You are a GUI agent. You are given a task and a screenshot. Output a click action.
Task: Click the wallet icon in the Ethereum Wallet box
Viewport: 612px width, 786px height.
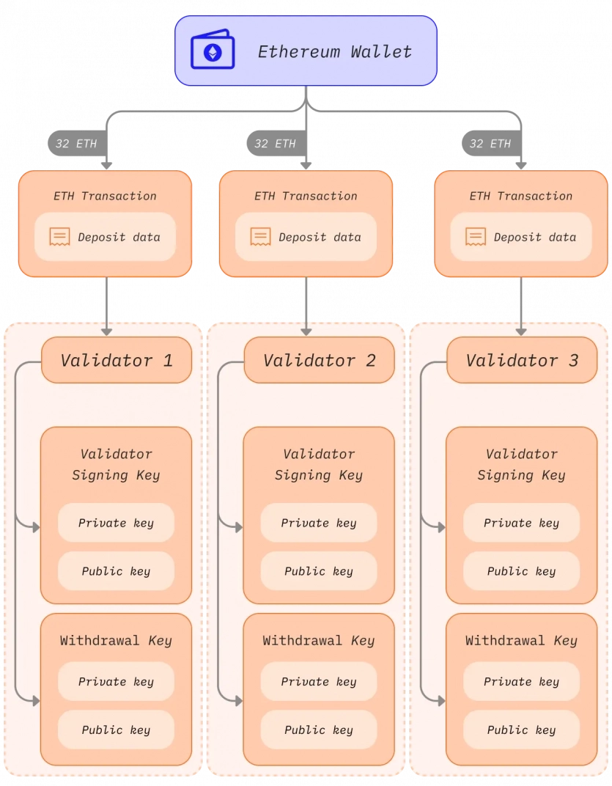[213, 51]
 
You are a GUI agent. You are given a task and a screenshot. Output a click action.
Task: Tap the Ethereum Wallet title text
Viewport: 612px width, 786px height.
[334, 51]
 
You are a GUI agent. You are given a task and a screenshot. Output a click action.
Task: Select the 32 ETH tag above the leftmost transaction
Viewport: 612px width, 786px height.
[76, 144]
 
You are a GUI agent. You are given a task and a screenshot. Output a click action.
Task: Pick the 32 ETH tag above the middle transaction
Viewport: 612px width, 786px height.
[276, 144]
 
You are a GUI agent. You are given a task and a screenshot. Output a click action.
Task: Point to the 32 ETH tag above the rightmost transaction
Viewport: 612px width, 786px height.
[490, 144]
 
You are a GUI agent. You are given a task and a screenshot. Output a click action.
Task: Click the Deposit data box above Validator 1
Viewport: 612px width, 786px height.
[105, 237]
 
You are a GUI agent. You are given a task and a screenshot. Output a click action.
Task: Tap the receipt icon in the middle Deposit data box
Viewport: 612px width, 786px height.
[260, 237]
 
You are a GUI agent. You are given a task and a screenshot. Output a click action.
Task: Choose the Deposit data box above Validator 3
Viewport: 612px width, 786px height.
[520, 237]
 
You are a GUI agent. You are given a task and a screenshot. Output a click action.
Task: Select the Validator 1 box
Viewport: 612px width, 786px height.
[116, 360]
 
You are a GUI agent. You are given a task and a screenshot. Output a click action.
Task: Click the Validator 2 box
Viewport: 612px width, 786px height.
[319, 360]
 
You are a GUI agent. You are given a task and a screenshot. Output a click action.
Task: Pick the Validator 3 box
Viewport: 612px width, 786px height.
[522, 360]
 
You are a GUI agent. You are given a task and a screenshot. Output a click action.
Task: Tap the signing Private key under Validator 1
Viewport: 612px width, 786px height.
[116, 523]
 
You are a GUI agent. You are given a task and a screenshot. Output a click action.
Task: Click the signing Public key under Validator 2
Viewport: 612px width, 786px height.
[319, 571]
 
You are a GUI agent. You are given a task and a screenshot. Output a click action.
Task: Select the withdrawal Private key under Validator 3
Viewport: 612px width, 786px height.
[521, 682]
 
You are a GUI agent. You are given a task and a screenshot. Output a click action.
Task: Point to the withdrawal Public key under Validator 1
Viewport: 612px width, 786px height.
[116, 730]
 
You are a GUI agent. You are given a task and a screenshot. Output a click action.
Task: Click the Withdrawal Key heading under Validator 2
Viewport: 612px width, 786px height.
[319, 640]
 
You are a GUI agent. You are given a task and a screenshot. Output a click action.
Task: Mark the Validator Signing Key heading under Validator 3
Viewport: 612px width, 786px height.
[521, 464]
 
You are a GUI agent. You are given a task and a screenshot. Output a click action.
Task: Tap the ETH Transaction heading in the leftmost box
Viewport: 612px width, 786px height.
[105, 196]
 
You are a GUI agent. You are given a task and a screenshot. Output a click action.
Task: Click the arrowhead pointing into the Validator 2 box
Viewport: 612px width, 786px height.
[306, 331]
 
